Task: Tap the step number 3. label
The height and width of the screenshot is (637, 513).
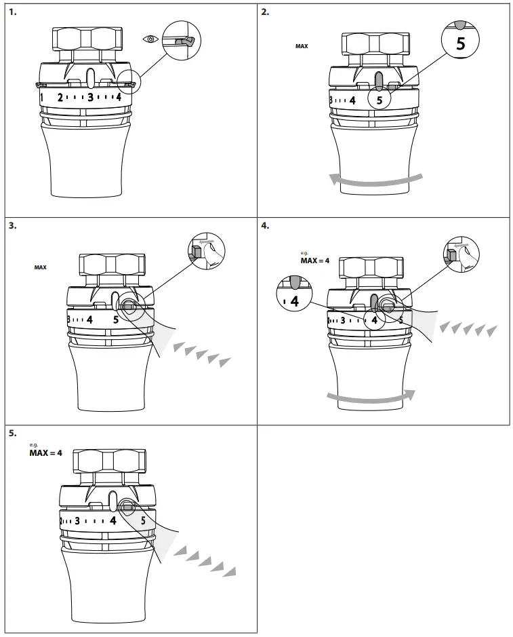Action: pyautogui.click(x=12, y=225)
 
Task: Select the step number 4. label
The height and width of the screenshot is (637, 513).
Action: pyautogui.click(x=266, y=225)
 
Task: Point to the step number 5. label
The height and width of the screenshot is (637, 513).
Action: pyautogui.click(x=12, y=433)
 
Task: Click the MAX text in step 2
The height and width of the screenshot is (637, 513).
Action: pyautogui.click(x=302, y=47)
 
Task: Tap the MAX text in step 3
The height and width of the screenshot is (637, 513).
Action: pyautogui.click(x=41, y=267)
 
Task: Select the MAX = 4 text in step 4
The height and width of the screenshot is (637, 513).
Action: pyautogui.click(x=314, y=260)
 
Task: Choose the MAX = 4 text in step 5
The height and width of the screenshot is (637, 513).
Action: pyautogui.click(x=45, y=452)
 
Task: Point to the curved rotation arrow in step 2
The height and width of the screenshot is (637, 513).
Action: pyautogui.click(x=375, y=180)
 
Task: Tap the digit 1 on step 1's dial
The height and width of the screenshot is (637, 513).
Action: pyautogui.click(x=42, y=98)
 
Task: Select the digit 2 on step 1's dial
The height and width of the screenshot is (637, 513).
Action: pyautogui.click(x=60, y=98)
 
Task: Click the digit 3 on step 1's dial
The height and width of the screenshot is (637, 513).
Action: pyautogui.click(x=90, y=98)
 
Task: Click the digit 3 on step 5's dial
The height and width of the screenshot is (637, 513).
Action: pyautogui.click(x=77, y=521)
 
